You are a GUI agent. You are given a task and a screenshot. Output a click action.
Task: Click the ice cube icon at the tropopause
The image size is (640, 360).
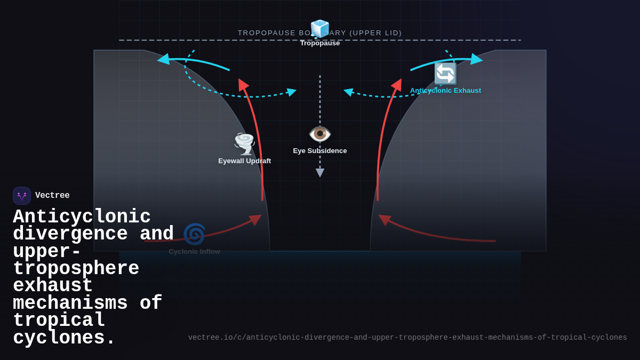[x=320, y=29]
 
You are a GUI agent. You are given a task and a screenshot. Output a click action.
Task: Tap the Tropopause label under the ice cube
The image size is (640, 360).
[x=320, y=43]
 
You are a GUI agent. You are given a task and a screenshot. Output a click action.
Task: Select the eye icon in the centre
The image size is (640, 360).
[x=320, y=133]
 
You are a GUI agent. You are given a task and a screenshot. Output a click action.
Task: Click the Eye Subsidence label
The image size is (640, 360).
[x=320, y=151]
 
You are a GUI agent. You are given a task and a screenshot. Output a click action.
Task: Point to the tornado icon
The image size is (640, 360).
[x=245, y=143]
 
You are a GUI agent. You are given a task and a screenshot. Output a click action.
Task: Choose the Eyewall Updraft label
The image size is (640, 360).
[x=245, y=161]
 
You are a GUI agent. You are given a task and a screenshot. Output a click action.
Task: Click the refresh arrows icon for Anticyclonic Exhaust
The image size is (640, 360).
[x=445, y=74]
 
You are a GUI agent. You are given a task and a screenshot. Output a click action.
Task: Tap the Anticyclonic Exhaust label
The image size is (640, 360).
[x=445, y=91]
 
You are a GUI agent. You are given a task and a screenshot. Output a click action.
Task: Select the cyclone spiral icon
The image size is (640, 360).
[x=194, y=234]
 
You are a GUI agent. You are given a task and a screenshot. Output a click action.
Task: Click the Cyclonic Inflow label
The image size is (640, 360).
[x=194, y=252]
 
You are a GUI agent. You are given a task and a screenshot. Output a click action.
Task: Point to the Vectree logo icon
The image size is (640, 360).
[x=22, y=196]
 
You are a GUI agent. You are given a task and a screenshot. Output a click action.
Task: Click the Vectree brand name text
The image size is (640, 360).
[x=52, y=196]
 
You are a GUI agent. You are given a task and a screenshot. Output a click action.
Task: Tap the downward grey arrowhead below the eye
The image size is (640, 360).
[x=320, y=173]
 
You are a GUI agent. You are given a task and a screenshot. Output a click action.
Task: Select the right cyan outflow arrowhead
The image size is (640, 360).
[x=476, y=59]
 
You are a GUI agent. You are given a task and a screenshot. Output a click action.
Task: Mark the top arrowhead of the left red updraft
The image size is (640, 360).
[x=242, y=84]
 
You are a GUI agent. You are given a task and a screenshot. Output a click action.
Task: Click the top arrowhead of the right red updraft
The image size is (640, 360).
[x=397, y=84]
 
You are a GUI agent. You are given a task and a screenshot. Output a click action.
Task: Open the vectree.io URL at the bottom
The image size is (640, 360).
[x=407, y=338]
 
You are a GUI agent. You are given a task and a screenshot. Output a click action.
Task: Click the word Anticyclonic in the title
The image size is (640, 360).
[x=82, y=217]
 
